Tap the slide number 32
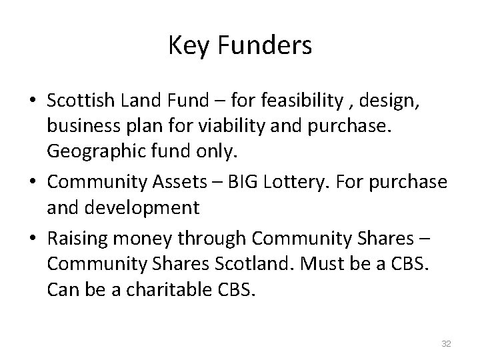coord(446,343)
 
